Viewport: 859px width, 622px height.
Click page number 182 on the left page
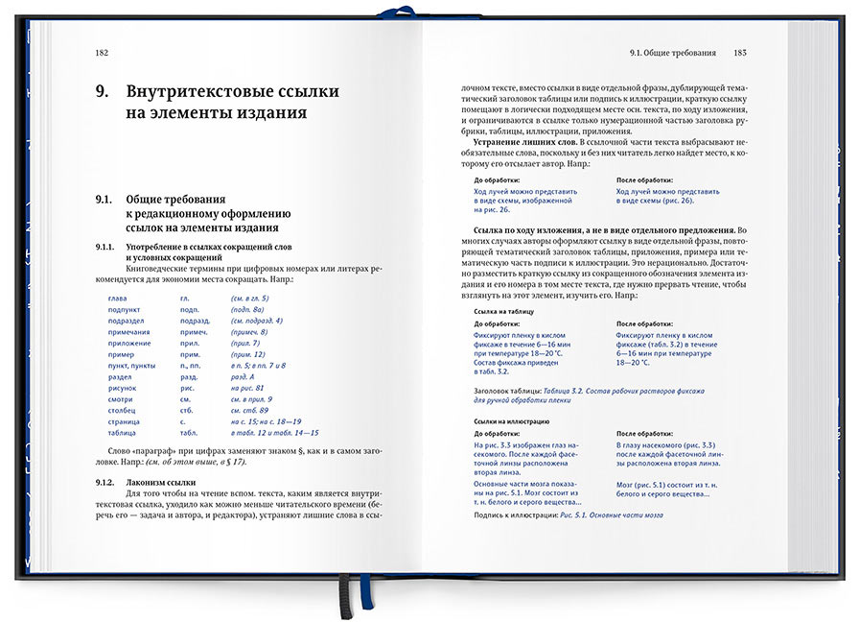[102, 53]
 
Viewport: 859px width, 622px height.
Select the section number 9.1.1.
[104, 248]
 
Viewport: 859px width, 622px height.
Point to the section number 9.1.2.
[104, 481]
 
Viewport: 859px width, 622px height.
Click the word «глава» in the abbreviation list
[118, 299]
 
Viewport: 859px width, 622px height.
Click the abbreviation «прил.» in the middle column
[190, 343]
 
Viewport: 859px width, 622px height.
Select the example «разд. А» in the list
[244, 376]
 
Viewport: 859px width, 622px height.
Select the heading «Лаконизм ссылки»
[161, 481]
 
